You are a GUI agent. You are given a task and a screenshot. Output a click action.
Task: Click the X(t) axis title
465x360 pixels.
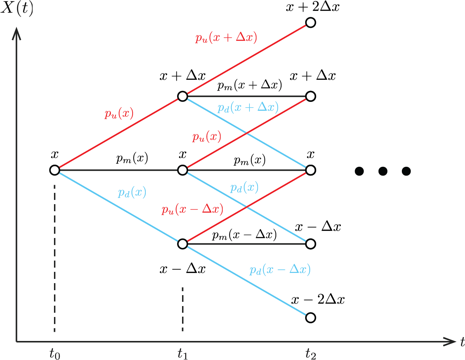pyautogui.click(x=17, y=9)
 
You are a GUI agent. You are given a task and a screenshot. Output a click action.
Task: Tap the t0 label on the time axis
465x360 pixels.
pyautogui.click(x=55, y=353)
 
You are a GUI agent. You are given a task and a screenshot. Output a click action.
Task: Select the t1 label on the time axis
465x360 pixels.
pyautogui.click(x=182, y=353)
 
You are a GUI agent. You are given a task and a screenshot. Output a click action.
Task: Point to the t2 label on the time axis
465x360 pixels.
pyautogui.click(x=311, y=353)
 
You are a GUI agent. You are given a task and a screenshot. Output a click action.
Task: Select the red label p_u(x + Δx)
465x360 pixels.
pyautogui.click(x=226, y=38)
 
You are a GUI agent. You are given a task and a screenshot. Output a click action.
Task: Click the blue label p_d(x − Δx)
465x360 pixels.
pyautogui.click(x=280, y=270)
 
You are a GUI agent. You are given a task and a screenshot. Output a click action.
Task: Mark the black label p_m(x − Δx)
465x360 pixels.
pyautogui.click(x=244, y=235)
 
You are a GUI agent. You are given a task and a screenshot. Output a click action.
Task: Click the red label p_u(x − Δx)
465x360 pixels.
pyautogui.click(x=192, y=209)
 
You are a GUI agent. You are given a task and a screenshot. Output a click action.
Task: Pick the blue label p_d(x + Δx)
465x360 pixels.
pyautogui.click(x=248, y=108)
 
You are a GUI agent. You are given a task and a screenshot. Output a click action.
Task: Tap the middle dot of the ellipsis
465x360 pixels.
pyautogui.click(x=383, y=171)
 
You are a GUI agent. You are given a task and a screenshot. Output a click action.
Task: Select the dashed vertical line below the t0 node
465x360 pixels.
pyautogui.click(x=55, y=258)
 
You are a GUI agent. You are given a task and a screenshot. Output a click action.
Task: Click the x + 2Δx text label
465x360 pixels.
pyautogui.click(x=313, y=7)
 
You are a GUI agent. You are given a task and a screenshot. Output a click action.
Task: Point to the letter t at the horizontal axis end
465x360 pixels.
pyautogui.click(x=462, y=342)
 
